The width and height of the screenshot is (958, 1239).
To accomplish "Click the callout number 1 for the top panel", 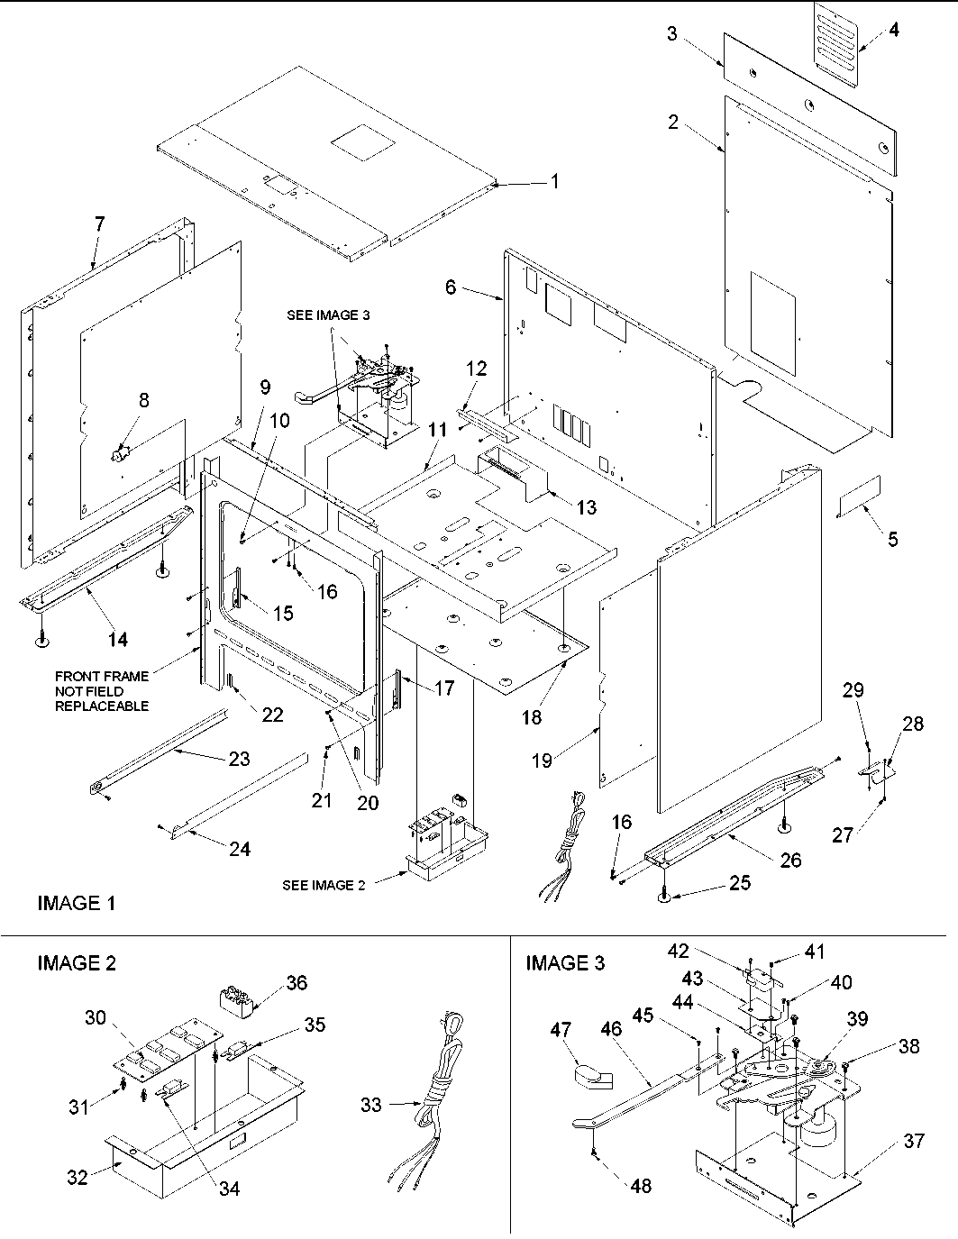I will [x=555, y=182].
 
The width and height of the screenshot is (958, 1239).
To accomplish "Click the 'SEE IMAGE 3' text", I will [x=328, y=315].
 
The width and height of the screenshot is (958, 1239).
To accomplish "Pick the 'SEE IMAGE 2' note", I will [x=324, y=885].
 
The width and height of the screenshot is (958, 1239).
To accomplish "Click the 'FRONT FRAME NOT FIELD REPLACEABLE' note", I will [x=102, y=691].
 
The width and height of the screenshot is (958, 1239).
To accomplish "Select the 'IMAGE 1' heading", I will [x=76, y=902].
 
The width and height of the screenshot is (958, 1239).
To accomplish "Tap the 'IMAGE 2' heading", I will [x=76, y=963].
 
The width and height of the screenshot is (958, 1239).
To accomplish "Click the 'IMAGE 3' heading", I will [x=565, y=963].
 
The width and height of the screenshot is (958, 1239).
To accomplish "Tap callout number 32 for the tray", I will [x=78, y=1177].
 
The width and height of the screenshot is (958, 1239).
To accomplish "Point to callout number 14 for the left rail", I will [x=118, y=640].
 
